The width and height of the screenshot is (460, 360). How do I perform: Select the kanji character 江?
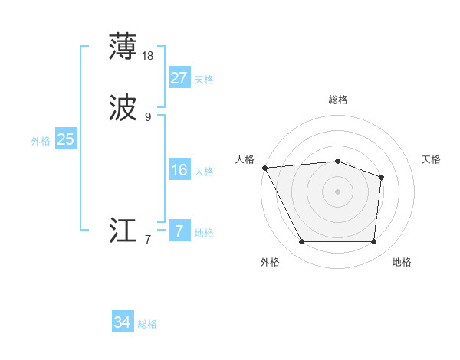coord(123,231)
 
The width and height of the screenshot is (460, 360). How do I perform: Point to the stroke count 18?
coord(149,56)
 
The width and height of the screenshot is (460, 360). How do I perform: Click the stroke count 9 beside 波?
coord(148,117)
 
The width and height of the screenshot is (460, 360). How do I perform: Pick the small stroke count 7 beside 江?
coord(148,240)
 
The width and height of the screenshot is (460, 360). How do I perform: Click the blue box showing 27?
coord(179,78)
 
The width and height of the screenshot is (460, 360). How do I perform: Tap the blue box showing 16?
coord(179,170)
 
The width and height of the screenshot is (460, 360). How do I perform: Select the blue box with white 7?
coord(179,231)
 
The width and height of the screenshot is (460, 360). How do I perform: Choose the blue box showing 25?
coord(65,139)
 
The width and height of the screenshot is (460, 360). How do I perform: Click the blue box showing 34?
coord(122,322)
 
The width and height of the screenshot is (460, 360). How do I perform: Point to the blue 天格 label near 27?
coord(204,80)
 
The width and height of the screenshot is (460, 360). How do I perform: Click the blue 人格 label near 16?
coord(204,172)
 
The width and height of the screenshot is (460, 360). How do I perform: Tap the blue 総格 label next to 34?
coord(147,324)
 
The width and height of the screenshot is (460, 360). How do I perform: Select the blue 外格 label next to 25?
coord(41,141)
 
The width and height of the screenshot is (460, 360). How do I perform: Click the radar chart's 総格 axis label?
coord(338,100)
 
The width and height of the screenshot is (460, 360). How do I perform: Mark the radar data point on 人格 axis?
coord(264,167)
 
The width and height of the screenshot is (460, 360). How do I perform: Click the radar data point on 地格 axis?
coord(373,242)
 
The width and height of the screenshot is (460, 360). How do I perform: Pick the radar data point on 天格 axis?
coord(381,177)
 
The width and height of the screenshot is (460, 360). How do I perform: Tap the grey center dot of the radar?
coord(337,191)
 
